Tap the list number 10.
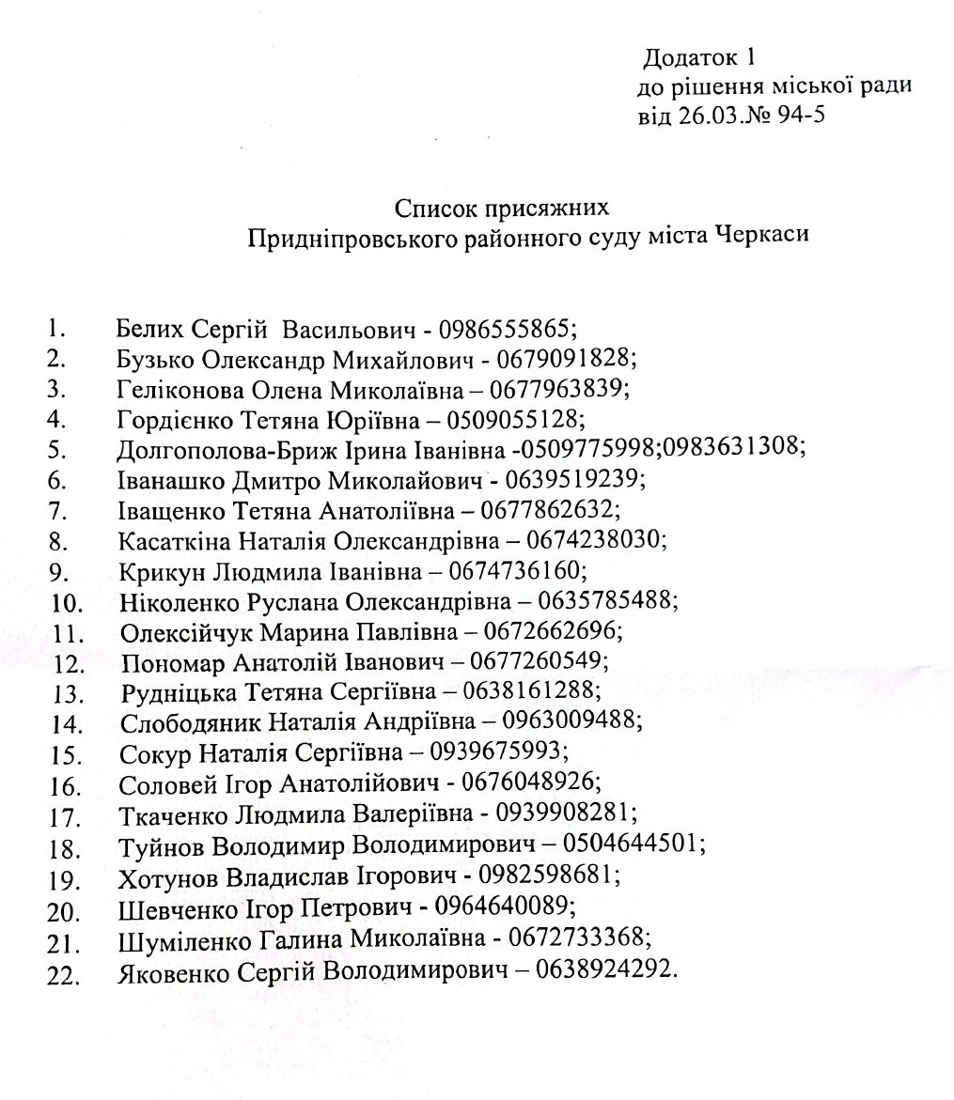point(68,602)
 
